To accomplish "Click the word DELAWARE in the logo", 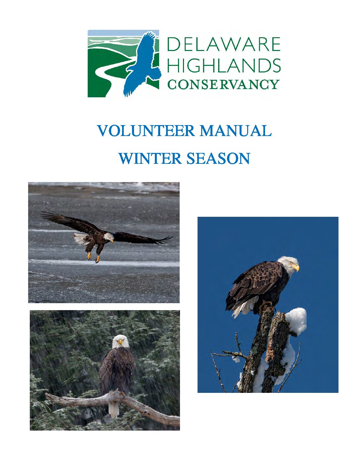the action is pyautogui.click(x=224, y=44).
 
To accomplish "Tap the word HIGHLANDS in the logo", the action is pyautogui.click(x=224, y=65).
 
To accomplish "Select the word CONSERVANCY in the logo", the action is pyautogui.click(x=223, y=84).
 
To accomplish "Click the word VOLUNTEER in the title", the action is pyautogui.click(x=146, y=131).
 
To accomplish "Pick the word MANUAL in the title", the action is pyautogui.click(x=236, y=131).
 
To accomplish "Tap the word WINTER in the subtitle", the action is pyautogui.click(x=150, y=158).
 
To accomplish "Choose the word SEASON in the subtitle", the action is pyautogui.click(x=218, y=158).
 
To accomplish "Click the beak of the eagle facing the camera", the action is pyautogui.click(x=120, y=343).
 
